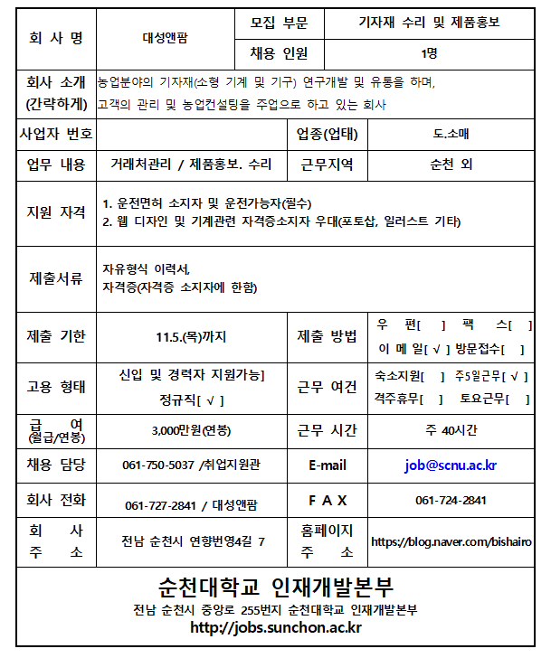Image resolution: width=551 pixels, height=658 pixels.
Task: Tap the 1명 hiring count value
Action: pos(429,53)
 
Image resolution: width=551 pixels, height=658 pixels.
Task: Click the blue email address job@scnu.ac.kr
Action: pos(451,465)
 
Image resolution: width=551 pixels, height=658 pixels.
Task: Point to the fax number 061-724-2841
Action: pos(451,500)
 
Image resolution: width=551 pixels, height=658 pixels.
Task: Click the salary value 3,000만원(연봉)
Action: pos(191,429)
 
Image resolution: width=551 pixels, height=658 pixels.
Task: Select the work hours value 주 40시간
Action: pos(451,429)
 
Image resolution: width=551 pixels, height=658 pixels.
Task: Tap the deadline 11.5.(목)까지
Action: pos(191,337)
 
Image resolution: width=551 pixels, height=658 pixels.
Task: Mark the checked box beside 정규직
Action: pos(209,399)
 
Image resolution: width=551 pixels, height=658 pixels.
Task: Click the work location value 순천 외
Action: pos(451,164)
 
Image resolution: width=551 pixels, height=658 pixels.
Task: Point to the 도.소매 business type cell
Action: pos(451,135)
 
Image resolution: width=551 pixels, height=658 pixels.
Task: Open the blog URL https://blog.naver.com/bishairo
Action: pos(457,541)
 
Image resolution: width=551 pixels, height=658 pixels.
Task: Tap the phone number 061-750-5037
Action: pos(158,465)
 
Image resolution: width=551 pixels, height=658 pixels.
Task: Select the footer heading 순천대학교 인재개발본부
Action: pos(275,587)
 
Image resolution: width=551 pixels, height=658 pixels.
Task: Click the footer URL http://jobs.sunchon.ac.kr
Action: pos(275,629)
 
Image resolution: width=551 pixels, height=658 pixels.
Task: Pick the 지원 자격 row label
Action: pos(56,212)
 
